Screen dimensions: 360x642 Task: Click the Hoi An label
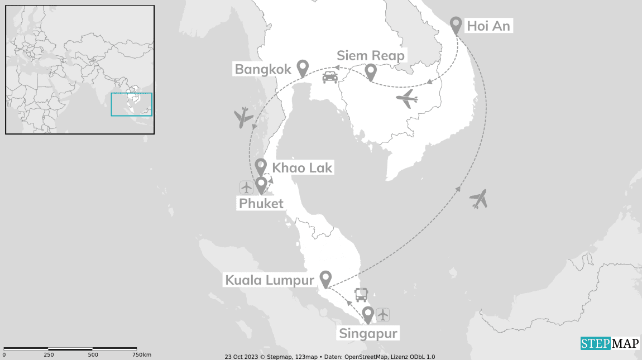488,26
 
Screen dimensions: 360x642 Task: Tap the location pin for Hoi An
456,25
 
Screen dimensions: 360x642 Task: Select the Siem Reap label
371,56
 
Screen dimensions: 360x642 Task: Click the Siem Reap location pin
370,72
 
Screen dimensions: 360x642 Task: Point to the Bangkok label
263,69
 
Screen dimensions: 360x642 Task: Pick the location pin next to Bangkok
303,68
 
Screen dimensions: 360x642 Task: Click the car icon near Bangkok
330,77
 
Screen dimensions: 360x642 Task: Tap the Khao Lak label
301,167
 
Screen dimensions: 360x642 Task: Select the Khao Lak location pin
261,166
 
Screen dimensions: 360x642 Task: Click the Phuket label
261,204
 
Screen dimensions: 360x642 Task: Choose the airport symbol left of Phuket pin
246,187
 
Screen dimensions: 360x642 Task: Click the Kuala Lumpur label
270,280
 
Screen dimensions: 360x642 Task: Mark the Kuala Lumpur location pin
325,279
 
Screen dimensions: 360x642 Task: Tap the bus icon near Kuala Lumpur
361,294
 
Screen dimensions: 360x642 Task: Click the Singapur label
368,334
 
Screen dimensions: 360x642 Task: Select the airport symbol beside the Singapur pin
382,315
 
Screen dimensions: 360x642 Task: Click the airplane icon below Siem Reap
407,99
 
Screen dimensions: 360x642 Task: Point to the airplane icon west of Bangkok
243,118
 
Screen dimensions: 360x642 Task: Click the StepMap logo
610,343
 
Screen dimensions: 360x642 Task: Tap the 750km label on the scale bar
142,355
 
